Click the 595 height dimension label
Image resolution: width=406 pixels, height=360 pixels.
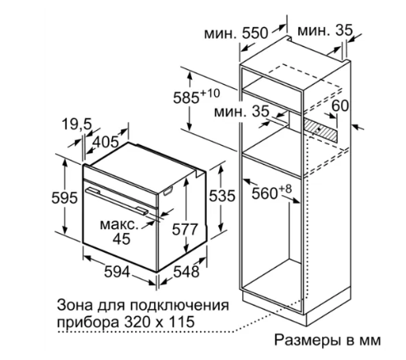tap(64, 197)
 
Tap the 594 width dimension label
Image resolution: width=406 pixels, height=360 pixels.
tap(117, 272)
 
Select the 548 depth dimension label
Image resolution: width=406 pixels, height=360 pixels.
tap(186, 272)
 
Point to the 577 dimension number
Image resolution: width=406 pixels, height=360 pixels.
tap(185, 229)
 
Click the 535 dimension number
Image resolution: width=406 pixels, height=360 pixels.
tap(222, 196)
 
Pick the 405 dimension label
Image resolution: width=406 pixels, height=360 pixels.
tap(106, 142)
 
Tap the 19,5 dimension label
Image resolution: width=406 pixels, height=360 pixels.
tap(77, 124)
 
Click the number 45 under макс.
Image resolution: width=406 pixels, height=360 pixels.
tap(122, 239)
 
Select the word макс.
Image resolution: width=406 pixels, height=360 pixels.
tap(119, 225)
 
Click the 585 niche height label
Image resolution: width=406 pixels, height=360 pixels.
tap(186, 98)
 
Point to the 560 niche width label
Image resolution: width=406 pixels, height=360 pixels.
tap(265, 194)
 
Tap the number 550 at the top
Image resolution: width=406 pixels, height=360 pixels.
tap(254, 33)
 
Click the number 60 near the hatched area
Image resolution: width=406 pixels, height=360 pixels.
tap(340, 105)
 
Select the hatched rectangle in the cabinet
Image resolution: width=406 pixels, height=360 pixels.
tap(320, 129)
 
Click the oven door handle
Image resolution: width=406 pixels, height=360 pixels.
tap(116, 200)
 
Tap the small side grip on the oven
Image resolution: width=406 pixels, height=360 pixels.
tap(168, 190)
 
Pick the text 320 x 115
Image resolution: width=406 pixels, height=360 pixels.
tap(159, 321)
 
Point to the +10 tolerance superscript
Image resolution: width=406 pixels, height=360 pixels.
tap(210, 93)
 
